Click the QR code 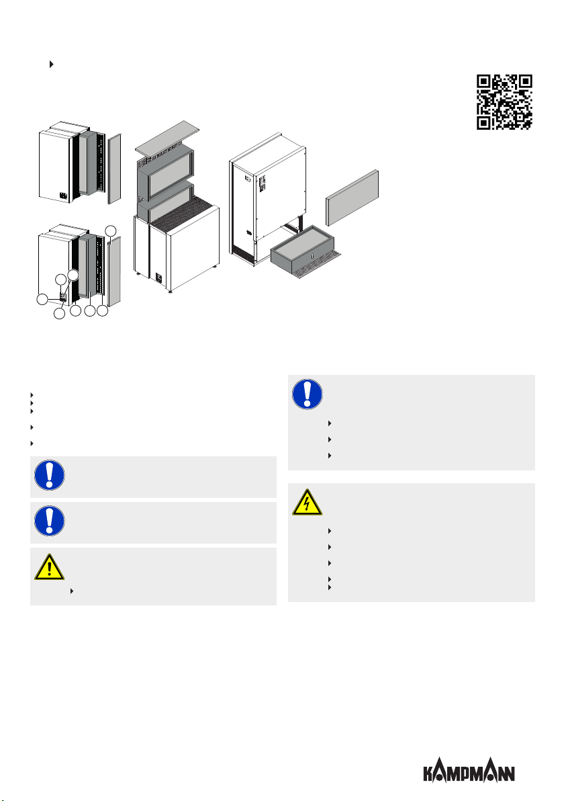(x=504, y=101)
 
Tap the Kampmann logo (x=469, y=769)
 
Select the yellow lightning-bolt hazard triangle (x=307, y=502)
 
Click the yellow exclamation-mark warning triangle (x=50, y=567)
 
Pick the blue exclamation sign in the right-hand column (x=308, y=394)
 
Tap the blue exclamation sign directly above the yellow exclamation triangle (x=50, y=521)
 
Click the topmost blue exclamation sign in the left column (x=50, y=474)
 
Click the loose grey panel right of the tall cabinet (x=352, y=198)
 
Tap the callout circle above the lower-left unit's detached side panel (x=111, y=230)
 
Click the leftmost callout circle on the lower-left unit (x=42, y=299)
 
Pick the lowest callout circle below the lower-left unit (x=60, y=314)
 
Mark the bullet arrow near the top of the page (x=52, y=64)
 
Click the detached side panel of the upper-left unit (x=115, y=169)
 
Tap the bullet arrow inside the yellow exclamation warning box (x=72, y=591)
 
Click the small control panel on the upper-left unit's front (x=64, y=196)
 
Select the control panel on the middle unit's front (x=159, y=278)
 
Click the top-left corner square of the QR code (x=484, y=81)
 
